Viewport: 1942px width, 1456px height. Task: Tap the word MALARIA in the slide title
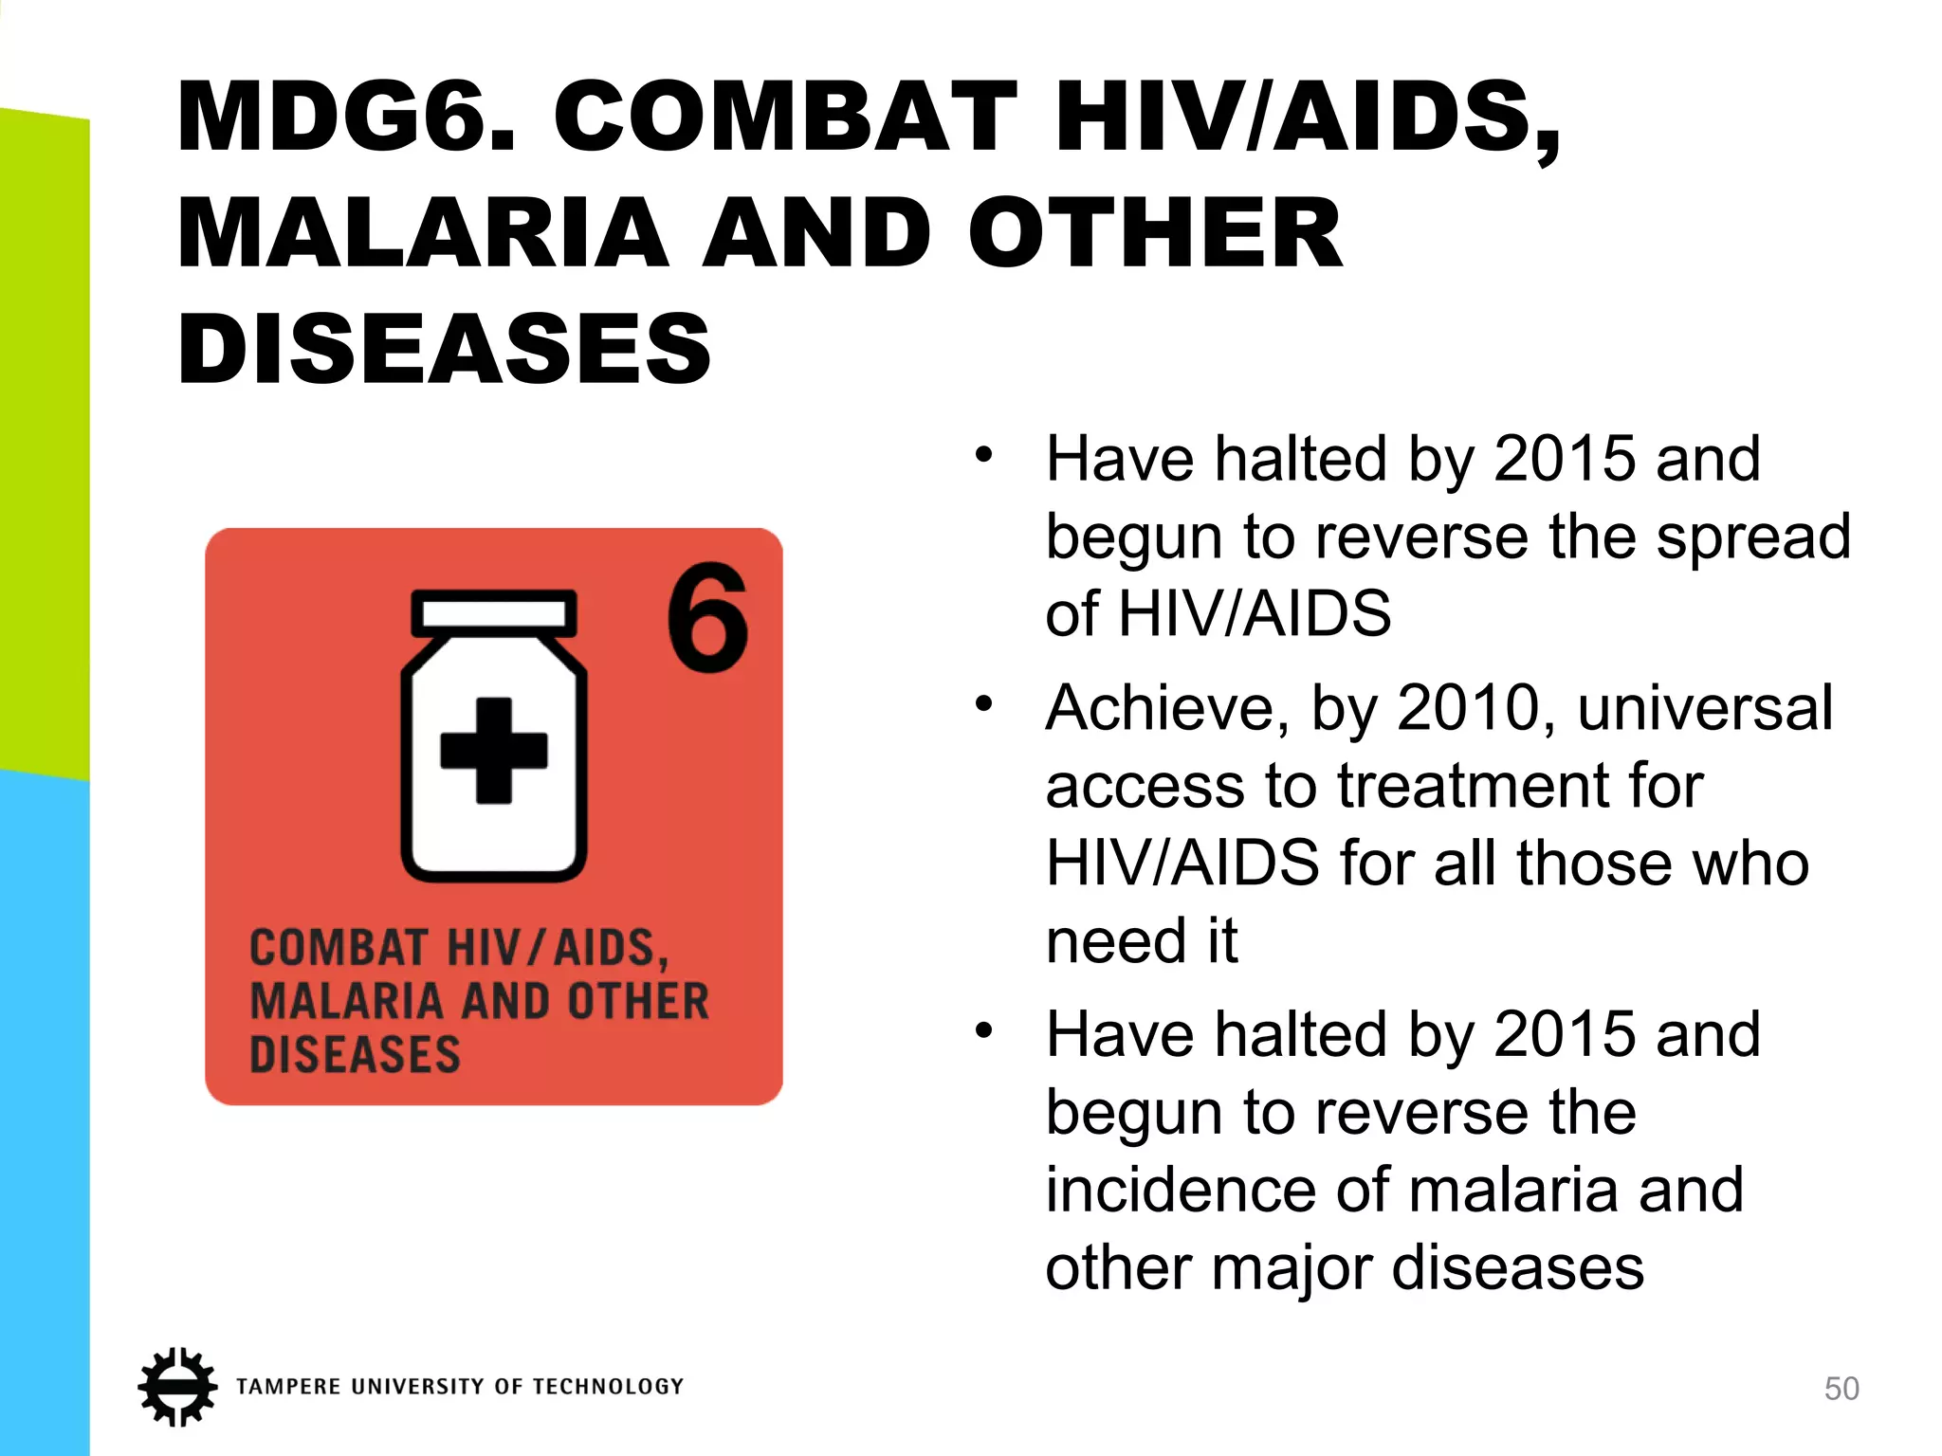[x=423, y=233]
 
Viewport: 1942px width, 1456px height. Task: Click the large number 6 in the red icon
[x=707, y=617]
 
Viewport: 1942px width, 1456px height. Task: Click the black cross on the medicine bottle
[x=494, y=751]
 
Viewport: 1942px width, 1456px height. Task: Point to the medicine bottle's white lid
[x=494, y=613]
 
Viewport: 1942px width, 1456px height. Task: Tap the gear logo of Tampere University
[x=176, y=1386]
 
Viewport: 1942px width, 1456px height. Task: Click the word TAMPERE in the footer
[x=288, y=1387]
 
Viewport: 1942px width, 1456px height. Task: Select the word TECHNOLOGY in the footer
[x=608, y=1387]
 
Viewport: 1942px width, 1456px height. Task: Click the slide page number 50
[x=1841, y=1389]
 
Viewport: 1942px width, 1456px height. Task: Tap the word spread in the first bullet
[x=1753, y=537]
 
